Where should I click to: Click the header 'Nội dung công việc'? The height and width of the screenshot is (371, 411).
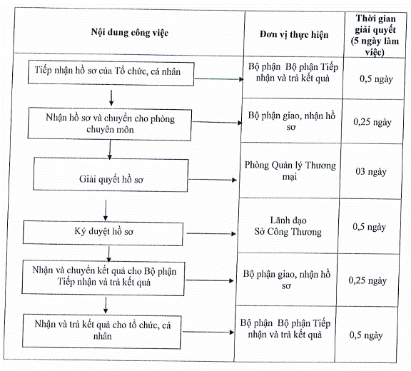click(x=130, y=33)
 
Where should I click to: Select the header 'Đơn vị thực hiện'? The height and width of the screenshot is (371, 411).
click(x=294, y=34)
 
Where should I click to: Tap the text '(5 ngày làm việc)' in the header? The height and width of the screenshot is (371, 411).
click(x=375, y=46)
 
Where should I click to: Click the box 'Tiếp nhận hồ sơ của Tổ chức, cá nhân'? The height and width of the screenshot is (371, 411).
click(x=111, y=73)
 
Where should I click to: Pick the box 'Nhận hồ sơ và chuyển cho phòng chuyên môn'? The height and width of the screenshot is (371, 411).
click(x=110, y=123)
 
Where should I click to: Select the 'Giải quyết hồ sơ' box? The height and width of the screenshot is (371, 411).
click(x=111, y=175)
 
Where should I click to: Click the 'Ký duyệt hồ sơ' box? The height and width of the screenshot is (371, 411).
click(x=103, y=233)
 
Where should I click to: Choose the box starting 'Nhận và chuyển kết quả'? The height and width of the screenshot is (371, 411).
click(x=103, y=278)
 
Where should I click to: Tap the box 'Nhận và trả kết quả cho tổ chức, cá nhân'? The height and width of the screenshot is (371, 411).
click(x=102, y=332)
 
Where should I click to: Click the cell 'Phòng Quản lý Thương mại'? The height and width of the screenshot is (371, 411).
click(x=290, y=171)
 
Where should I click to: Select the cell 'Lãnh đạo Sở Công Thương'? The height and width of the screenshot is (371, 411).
click(x=288, y=226)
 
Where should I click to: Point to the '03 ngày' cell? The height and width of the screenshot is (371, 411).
click(x=371, y=172)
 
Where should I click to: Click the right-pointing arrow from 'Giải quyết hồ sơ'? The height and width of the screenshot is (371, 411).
click(x=213, y=180)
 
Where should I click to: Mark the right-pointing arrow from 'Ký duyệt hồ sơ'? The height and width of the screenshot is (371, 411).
click(x=211, y=233)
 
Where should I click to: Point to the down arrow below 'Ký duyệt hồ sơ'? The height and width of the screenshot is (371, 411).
click(x=109, y=254)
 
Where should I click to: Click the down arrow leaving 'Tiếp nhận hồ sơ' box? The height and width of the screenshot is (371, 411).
click(x=111, y=98)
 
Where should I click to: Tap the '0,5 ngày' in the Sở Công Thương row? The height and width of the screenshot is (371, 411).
click(x=370, y=227)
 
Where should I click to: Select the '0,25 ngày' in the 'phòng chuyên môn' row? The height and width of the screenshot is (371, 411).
click(x=372, y=122)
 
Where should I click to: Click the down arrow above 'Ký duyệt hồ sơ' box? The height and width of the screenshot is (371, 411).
click(x=106, y=210)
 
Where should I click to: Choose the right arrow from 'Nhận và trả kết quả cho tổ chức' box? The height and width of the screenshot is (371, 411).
click(x=208, y=332)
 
